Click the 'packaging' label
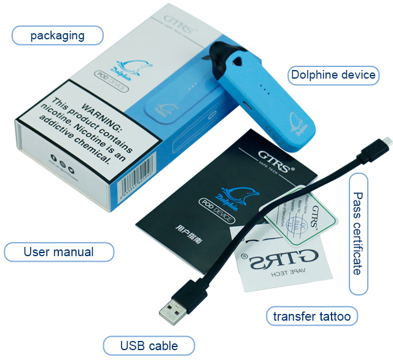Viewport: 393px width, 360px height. pyautogui.click(x=58, y=35)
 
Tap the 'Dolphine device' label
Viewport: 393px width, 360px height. pyautogui.click(x=333, y=75)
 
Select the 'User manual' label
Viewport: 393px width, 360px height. pyautogui.click(x=58, y=252)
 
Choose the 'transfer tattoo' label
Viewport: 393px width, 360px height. pyautogui.click(x=313, y=317)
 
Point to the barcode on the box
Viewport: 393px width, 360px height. pyautogui.click(x=133, y=187)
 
